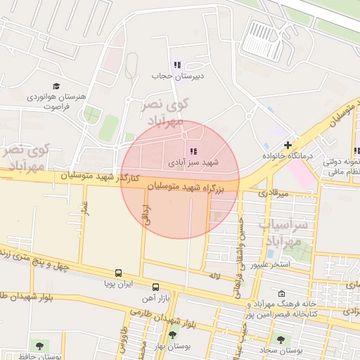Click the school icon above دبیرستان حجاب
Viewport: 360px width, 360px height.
click(177, 65)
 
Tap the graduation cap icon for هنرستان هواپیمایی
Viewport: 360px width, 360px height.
click(55, 85)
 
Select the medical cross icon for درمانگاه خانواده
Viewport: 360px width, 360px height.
click(288, 144)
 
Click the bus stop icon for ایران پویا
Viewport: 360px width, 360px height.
click(118, 273)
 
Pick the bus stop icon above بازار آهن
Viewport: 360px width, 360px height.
click(155, 287)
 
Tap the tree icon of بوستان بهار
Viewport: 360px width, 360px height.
click(172, 335)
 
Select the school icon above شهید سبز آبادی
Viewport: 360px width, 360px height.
click(193, 151)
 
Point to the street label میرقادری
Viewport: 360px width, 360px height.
click(272, 193)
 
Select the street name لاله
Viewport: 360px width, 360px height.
click(214, 276)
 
